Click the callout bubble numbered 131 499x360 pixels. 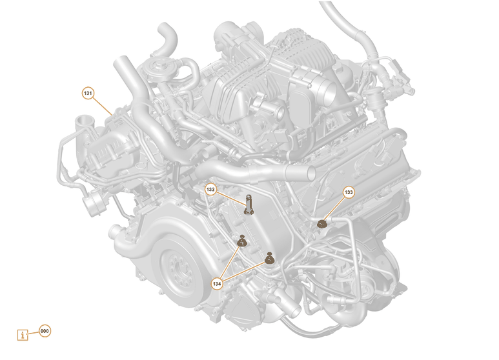(x=88, y=93)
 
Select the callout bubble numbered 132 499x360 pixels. (x=210, y=190)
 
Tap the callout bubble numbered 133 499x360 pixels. (x=349, y=192)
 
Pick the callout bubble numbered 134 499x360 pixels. (x=217, y=283)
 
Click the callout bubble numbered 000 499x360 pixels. (x=45, y=331)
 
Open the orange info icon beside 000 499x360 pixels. (x=24, y=335)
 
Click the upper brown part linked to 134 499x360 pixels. (x=241, y=242)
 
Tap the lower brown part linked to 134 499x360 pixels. (x=270, y=259)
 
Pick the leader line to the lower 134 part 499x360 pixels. (x=244, y=270)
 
